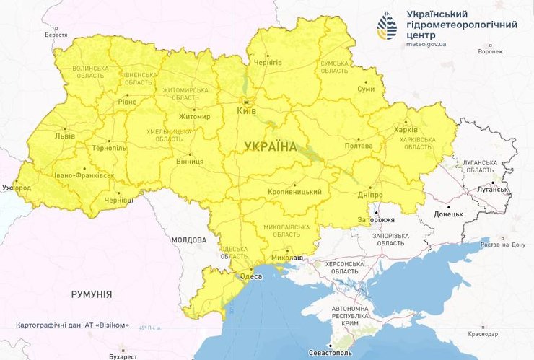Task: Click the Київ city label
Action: [x=246, y=111]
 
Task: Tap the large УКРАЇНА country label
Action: [x=271, y=146]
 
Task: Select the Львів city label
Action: [x=64, y=135]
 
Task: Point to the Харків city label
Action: [x=406, y=131]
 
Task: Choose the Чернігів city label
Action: [x=268, y=63]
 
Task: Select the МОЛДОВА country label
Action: [x=189, y=240]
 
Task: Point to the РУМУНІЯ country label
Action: [x=92, y=294]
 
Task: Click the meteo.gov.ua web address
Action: [x=426, y=44]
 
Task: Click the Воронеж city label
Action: [x=491, y=52]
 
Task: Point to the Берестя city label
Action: [x=56, y=35]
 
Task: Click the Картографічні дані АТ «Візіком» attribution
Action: [x=73, y=325]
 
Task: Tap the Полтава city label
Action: [x=359, y=146]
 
